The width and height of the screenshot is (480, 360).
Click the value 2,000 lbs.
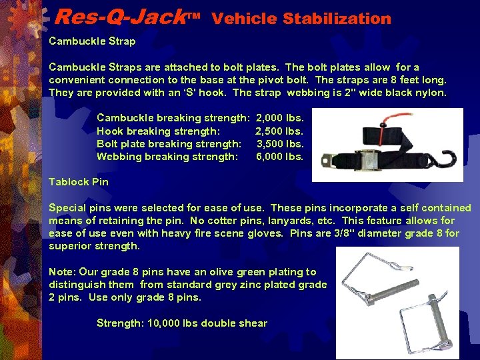(279, 118)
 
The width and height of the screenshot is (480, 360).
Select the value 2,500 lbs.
(279, 131)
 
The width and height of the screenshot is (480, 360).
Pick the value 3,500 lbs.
(280, 143)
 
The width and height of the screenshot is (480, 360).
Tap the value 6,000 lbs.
(280, 157)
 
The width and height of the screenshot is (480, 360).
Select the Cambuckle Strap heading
(92, 41)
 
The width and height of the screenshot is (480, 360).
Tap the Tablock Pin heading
(79, 182)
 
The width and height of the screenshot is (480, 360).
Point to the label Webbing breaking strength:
(167, 157)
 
